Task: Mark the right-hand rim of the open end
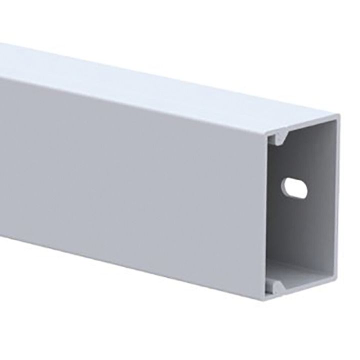click(x=336, y=205)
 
